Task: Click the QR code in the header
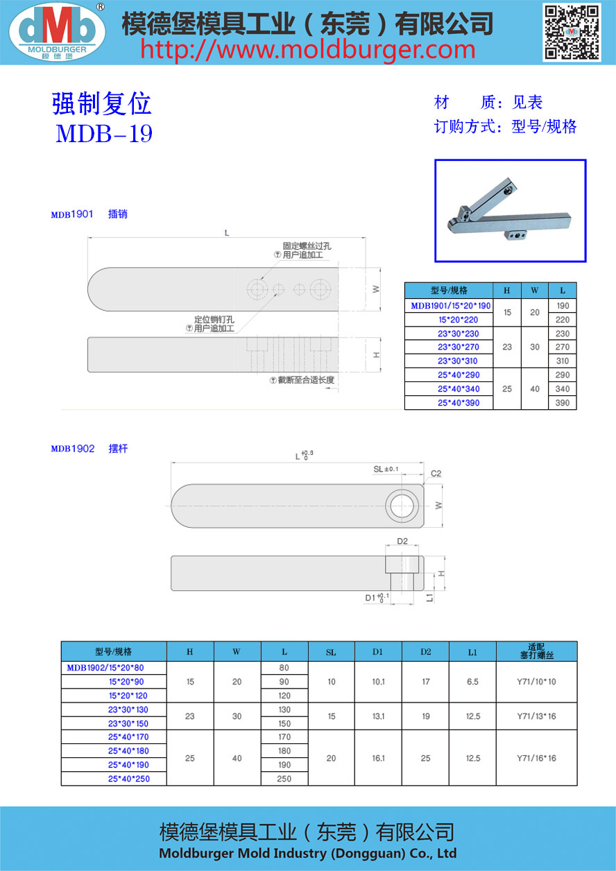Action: coord(571,32)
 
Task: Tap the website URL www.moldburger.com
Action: coord(309,50)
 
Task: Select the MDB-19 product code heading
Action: coord(104,133)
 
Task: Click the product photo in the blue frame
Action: coord(511,211)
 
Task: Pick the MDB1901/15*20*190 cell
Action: coord(450,306)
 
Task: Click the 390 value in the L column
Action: coord(562,403)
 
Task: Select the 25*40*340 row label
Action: coord(449,389)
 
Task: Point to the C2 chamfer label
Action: coord(436,474)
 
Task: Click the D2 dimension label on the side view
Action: coord(402,541)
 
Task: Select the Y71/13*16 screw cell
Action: coord(536,716)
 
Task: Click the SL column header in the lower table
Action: coord(331,652)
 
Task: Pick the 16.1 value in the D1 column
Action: coord(378,758)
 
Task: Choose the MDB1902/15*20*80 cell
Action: coord(105,668)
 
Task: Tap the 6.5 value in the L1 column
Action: coord(472,682)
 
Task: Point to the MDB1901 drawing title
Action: coord(71,215)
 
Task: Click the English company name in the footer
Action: coord(307,854)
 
